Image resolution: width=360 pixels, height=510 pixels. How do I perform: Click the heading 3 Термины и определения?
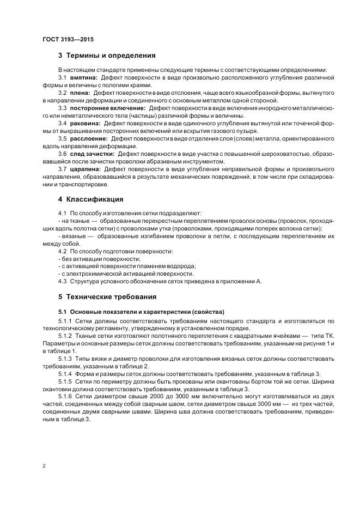pos(107,56)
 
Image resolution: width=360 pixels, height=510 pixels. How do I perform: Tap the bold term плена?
pos(80,93)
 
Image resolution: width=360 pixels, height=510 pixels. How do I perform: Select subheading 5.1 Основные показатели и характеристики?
pos(141,312)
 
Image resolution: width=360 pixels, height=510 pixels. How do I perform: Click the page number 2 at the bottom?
pos(43,465)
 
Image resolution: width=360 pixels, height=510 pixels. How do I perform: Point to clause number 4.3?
pos(62,281)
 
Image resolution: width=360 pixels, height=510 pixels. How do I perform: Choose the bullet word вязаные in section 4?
pos(74,236)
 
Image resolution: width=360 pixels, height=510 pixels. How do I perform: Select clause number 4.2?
pos(62,251)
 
